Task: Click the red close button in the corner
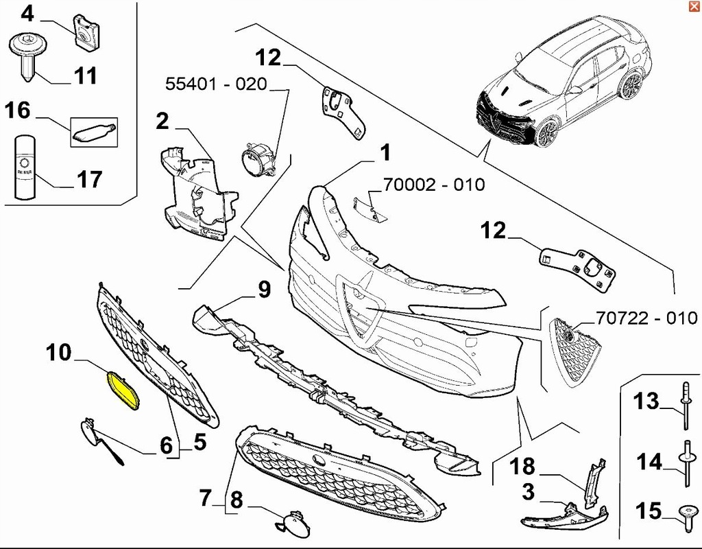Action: [x=693, y=7]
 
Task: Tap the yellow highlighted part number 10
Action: [x=123, y=390]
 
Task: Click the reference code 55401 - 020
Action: [x=216, y=84]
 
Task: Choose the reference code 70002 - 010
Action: [x=433, y=185]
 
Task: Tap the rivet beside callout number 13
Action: [x=686, y=405]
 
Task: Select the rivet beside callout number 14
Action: [x=686, y=463]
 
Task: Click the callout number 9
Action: [x=265, y=290]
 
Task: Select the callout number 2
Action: [x=162, y=121]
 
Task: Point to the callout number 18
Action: [x=523, y=467]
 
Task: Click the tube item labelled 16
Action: [x=94, y=131]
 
